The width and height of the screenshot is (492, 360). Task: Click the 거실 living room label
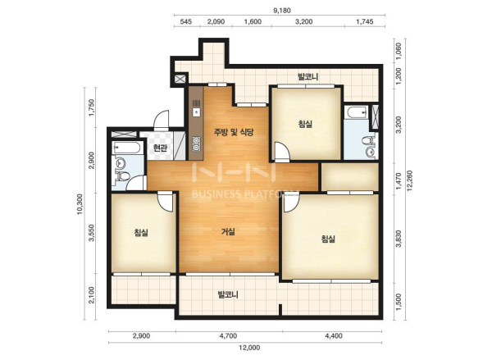pos(228,232)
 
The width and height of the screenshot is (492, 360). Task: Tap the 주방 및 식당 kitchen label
pos(234,132)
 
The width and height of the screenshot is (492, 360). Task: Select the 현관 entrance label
pos(160,148)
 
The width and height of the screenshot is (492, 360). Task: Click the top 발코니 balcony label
pos(307,76)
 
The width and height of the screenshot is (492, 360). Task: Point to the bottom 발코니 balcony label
pos(228,294)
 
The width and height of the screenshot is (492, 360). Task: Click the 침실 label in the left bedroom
pos(141,233)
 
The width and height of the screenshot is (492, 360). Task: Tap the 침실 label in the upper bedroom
pos(305,124)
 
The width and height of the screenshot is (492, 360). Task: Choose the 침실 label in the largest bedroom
pos(328,239)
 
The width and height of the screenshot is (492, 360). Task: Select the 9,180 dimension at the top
pos(282,11)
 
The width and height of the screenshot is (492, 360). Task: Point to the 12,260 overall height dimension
pos(410,180)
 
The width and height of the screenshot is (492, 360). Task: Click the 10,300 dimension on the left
pos(80,204)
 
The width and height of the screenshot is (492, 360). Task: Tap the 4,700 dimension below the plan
pos(228,336)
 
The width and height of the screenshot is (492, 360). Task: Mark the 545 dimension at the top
pos(186,21)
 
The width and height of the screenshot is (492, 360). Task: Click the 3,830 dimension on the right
pos(399,239)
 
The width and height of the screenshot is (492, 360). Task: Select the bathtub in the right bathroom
pos(356,112)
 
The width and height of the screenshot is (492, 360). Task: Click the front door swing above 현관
pos(162,121)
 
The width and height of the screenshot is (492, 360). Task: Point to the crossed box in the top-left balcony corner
pos(180,79)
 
